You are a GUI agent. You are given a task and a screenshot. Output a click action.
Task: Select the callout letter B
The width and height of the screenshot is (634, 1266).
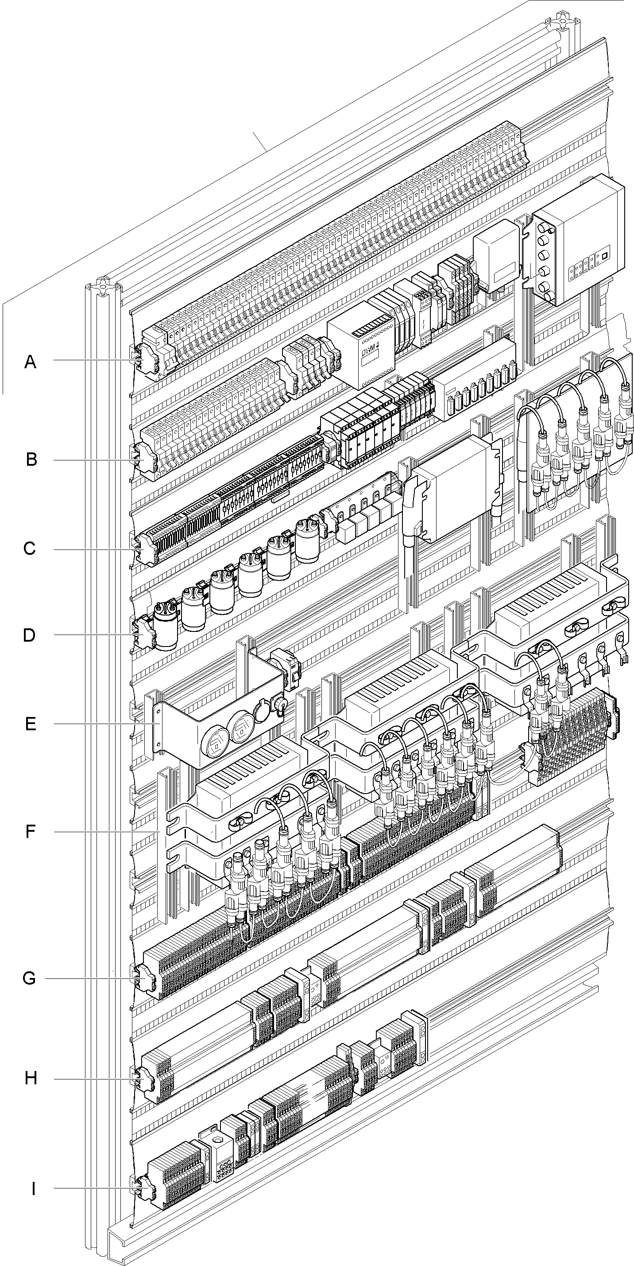click(31, 460)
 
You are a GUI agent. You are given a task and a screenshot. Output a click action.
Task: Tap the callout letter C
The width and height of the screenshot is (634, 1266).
click(30, 549)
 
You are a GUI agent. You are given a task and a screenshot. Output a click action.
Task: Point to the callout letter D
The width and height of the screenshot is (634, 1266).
click(30, 635)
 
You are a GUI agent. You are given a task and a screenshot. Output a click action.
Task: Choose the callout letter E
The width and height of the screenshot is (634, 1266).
click(31, 725)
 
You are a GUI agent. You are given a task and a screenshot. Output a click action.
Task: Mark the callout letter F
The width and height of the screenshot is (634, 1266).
click(31, 832)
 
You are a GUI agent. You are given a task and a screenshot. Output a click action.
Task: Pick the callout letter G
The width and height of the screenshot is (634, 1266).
click(30, 978)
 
